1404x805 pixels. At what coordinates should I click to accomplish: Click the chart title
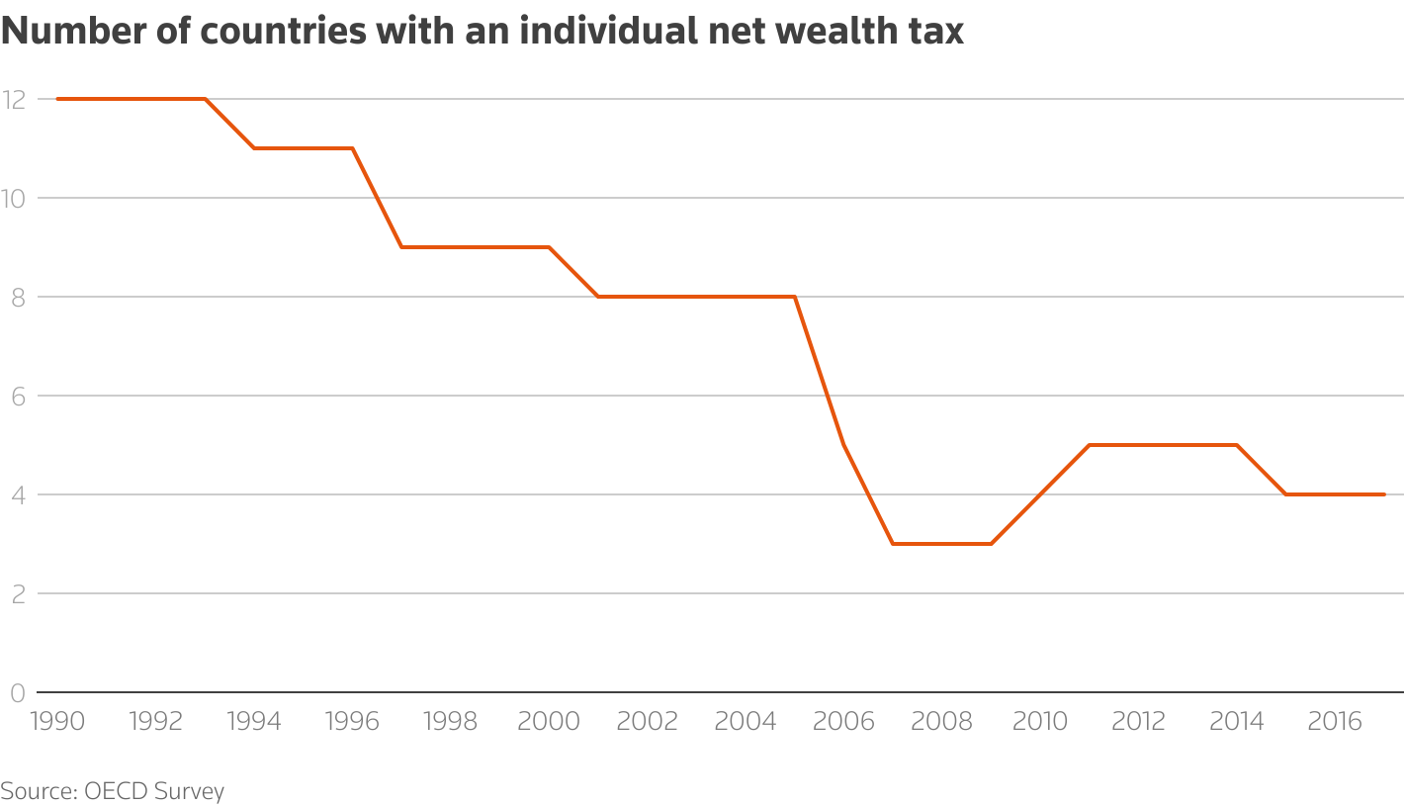(482, 32)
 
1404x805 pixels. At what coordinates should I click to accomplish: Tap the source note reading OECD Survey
(113, 791)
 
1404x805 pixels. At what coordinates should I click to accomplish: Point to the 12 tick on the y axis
(14, 99)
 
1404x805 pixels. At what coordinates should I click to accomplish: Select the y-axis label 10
(14, 198)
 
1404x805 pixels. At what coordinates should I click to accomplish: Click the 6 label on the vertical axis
(17, 396)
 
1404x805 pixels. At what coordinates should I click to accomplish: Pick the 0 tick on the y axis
(17, 692)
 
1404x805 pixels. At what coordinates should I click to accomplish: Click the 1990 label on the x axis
(56, 721)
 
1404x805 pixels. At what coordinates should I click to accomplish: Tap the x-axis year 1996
(352, 721)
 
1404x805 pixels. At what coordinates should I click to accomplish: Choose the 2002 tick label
(647, 721)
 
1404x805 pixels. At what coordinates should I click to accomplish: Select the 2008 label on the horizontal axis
(942, 721)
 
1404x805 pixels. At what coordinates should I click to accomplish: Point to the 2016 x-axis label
(1336, 721)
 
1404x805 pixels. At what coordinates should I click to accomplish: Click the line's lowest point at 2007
(893, 544)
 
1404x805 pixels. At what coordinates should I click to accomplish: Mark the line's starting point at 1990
(57, 99)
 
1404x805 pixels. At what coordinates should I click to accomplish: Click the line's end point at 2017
(1384, 494)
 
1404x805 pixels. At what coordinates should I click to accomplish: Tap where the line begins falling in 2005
(795, 297)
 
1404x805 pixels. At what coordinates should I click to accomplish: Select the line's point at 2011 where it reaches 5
(1090, 445)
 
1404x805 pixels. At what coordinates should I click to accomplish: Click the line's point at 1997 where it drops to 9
(401, 247)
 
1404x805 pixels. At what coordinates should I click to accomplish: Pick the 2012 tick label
(1139, 721)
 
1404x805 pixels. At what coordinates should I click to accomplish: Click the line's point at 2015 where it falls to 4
(1286, 494)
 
